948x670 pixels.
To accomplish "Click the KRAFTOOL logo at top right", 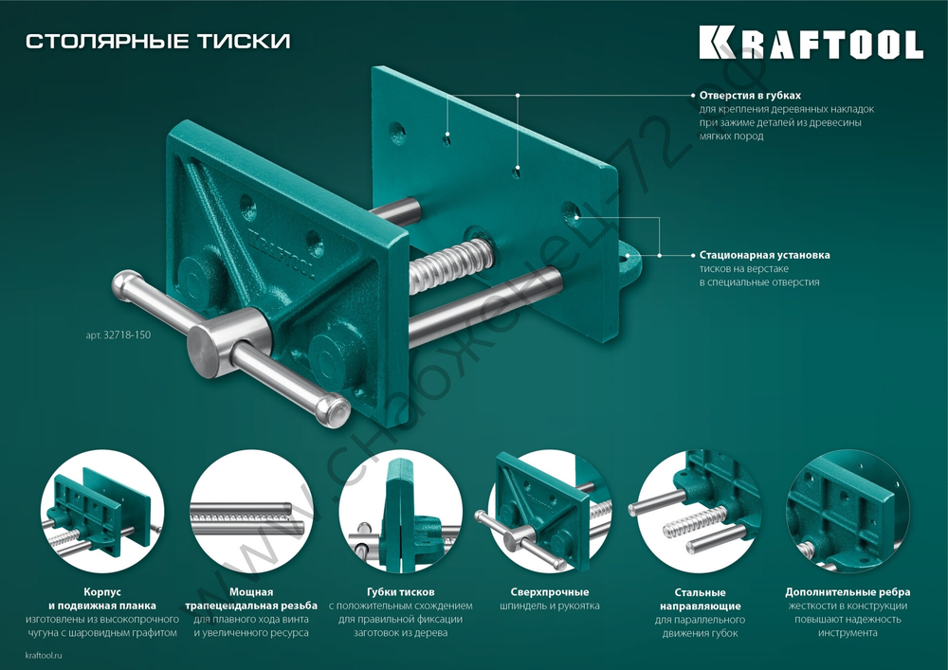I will click(x=811, y=44).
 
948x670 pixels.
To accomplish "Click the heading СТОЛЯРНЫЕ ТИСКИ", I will click(x=157, y=41).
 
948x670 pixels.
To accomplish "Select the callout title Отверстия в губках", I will click(x=750, y=96).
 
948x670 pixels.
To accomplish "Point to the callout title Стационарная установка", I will click(x=764, y=255).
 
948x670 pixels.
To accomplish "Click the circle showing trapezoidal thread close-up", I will click(x=251, y=512).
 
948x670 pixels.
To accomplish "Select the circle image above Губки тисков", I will click(x=400, y=512).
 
